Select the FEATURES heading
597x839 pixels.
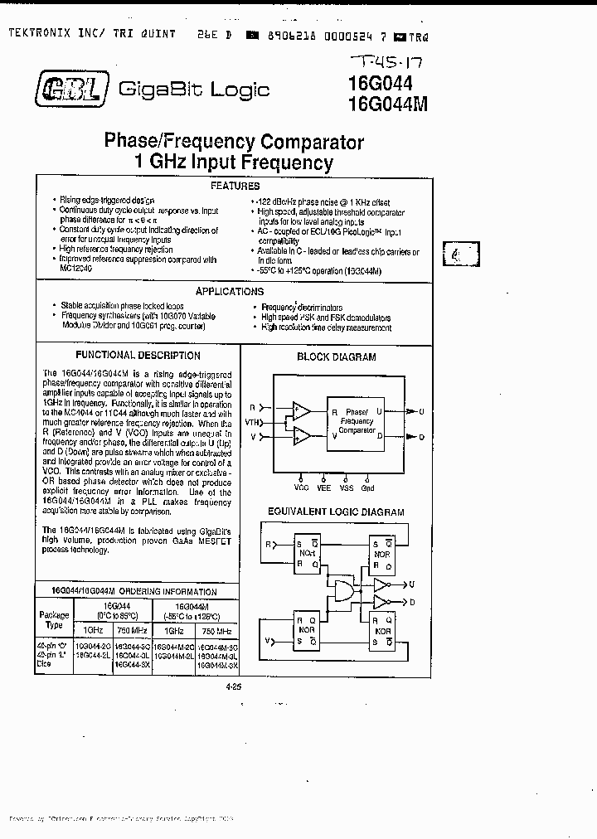235,187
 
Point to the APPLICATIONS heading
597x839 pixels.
230,291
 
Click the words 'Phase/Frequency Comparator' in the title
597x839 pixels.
234,141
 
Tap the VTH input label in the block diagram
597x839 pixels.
253,423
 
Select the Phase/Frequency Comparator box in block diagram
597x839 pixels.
357,422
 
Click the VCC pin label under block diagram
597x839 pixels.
301,487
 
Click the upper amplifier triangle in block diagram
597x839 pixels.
301,411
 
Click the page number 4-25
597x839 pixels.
235,686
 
